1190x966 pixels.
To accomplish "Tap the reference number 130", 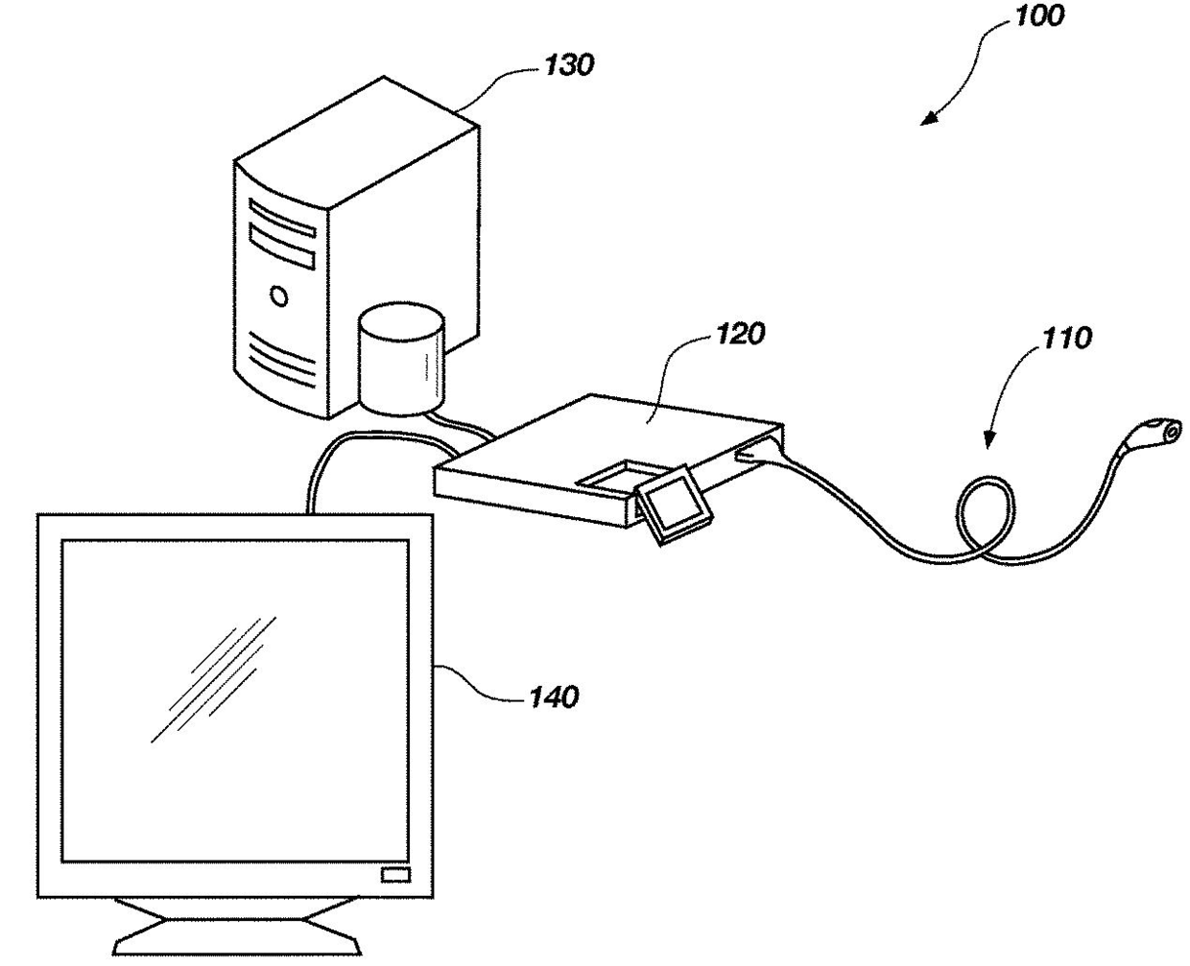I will [569, 65].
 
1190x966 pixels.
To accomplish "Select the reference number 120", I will [740, 334].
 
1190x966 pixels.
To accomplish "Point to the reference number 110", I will [1064, 338].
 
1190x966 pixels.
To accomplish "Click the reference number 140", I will [554, 695].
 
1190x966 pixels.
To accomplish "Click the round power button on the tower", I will [279, 295].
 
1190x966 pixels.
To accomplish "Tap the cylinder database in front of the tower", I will [402, 360].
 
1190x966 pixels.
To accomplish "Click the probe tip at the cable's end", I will [1166, 431].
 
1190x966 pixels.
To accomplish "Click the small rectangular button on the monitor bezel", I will [394, 873].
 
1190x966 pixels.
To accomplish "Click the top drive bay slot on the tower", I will [282, 218].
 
